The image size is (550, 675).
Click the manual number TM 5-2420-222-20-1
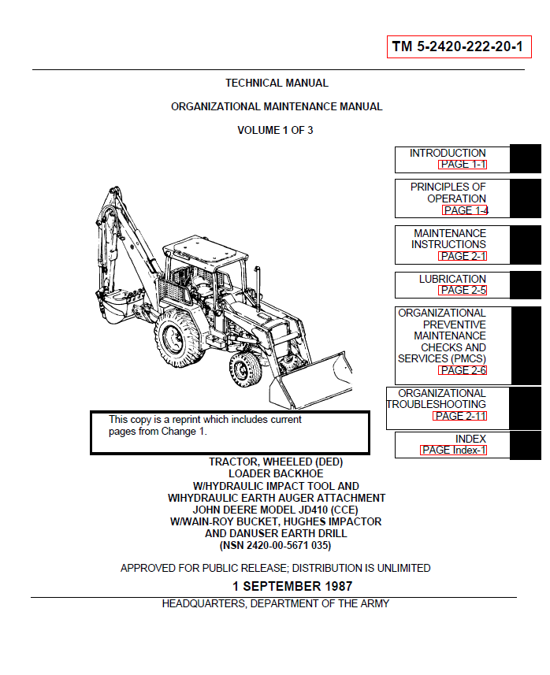458,47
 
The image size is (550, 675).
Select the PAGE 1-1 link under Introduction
463,165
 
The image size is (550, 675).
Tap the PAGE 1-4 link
465,210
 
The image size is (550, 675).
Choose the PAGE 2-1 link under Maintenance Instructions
463,256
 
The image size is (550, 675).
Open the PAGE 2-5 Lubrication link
463,290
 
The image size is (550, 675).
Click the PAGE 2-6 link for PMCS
463,370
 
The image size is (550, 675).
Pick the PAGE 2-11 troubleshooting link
459,416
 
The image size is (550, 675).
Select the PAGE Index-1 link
453,450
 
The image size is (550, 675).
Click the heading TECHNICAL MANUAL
277,83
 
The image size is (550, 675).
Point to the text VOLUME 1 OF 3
275,130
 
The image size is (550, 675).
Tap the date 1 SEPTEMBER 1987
292,586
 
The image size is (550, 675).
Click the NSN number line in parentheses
275,545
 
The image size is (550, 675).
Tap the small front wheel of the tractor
246,369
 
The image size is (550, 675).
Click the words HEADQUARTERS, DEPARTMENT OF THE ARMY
275,604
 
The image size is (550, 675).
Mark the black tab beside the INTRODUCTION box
525,158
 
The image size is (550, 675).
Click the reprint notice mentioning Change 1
205,425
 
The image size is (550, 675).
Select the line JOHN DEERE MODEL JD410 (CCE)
277,510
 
